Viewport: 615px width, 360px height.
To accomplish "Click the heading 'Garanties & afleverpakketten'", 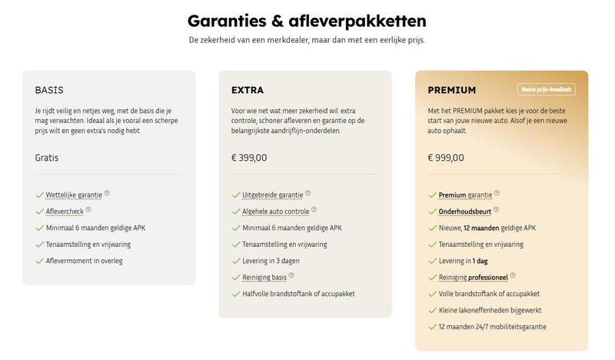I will [x=307, y=20].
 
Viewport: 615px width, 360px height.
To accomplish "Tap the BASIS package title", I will [x=49, y=91].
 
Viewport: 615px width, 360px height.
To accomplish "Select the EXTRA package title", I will [x=248, y=91].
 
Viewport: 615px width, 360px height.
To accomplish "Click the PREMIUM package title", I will [x=451, y=91].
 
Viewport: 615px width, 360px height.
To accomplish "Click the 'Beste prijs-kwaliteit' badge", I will [x=546, y=90].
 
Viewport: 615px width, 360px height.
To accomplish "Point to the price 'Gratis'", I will [x=47, y=158].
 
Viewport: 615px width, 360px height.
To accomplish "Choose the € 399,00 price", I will [x=249, y=158].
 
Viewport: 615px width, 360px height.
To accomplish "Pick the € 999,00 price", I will [x=446, y=158].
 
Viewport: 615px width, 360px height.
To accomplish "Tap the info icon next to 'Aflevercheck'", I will [x=88, y=209].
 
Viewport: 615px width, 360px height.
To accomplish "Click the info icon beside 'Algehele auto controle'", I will [x=314, y=209].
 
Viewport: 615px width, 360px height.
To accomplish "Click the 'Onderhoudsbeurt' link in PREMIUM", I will [x=464, y=212].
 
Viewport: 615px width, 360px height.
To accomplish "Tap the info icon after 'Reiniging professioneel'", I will [x=513, y=275].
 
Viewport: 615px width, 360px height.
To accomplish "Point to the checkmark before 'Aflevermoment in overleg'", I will [x=39, y=261].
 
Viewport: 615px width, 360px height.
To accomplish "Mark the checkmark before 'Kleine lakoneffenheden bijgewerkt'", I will [x=432, y=311].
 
